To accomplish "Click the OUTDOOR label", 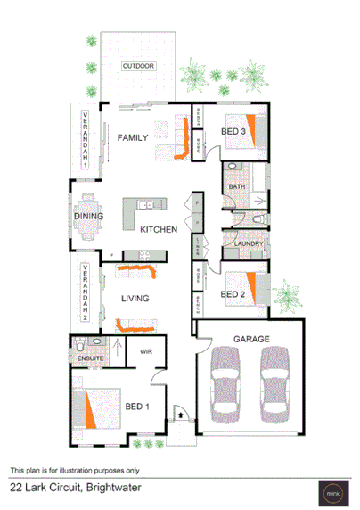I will [x=138, y=67].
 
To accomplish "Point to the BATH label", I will [x=236, y=186].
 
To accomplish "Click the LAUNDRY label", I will [x=245, y=243].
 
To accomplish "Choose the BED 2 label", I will [x=233, y=293].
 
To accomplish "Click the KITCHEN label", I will [x=160, y=230].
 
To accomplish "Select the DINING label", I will [x=87, y=217].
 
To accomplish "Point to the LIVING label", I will [x=135, y=299].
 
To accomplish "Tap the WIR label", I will [x=146, y=352].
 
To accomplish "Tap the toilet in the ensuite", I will [x=80, y=345].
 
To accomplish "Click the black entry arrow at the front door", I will [x=181, y=413].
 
